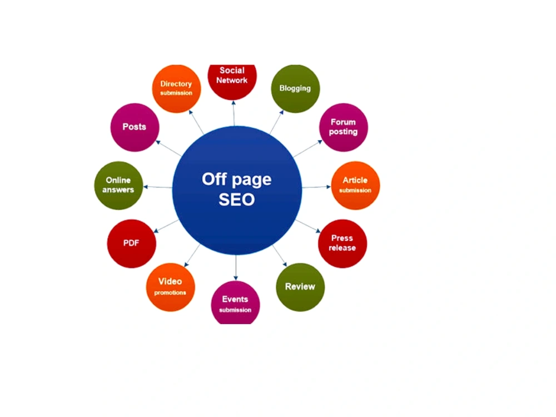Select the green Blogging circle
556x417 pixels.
click(295, 88)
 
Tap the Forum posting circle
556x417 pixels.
click(343, 127)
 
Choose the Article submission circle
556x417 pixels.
click(355, 186)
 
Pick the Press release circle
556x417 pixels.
click(342, 244)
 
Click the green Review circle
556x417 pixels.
click(300, 287)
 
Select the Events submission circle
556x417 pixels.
click(235, 302)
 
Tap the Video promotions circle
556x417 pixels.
click(171, 287)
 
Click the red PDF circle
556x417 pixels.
click(132, 244)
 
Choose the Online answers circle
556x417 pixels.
click(119, 186)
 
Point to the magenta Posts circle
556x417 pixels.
click(135, 127)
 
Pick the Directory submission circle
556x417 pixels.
click(177, 88)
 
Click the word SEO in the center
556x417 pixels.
click(237, 200)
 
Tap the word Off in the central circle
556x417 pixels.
click(214, 180)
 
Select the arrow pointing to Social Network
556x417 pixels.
click(234, 113)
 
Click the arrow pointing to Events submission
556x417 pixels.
click(236, 268)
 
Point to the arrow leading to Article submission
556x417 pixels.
click(316, 187)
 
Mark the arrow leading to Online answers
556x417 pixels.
click(157, 187)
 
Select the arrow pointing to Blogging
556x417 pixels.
click(277, 122)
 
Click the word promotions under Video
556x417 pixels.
click(170, 293)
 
